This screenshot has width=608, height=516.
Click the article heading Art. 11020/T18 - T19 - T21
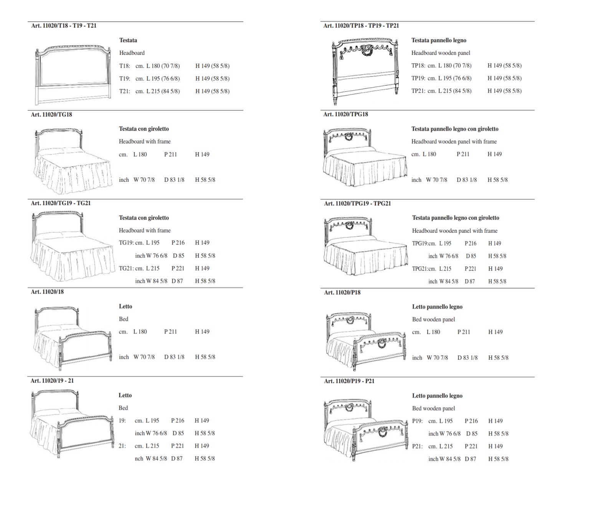64,26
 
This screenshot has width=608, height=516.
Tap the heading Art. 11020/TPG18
345,114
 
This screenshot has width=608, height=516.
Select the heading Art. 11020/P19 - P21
349,381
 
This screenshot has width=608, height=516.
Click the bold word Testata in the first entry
128,40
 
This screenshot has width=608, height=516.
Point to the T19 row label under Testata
124,79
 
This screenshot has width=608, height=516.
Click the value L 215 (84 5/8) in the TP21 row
455,91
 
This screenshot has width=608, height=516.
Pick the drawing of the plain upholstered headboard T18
73,75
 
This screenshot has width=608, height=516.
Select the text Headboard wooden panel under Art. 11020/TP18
441,53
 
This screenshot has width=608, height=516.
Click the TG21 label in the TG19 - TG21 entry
126,268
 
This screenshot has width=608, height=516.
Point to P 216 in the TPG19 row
470,243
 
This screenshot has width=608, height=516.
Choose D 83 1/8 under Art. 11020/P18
468,358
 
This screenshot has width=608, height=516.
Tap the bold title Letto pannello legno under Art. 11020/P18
437,307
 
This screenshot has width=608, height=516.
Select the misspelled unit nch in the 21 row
139,458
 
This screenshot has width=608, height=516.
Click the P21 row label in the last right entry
417,446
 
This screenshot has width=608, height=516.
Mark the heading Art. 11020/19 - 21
52,381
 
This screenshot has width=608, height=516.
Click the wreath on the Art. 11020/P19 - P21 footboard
383,432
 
